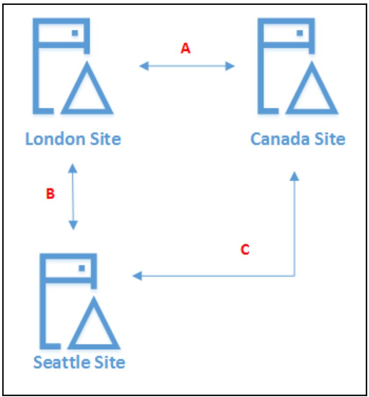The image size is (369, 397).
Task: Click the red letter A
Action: [186, 49]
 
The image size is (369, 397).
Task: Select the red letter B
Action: [50, 194]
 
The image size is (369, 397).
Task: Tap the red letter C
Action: [245, 250]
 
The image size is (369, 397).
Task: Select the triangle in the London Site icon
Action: [86, 91]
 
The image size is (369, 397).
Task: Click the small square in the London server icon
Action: [75, 33]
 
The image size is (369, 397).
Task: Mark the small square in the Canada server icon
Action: [300, 33]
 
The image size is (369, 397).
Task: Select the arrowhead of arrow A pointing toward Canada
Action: [231, 66]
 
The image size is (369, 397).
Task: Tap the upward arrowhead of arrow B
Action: [73, 168]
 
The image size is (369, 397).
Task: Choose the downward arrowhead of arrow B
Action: [73, 225]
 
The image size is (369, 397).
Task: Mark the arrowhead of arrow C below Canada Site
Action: [295, 175]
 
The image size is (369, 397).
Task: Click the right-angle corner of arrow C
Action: [295, 276]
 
